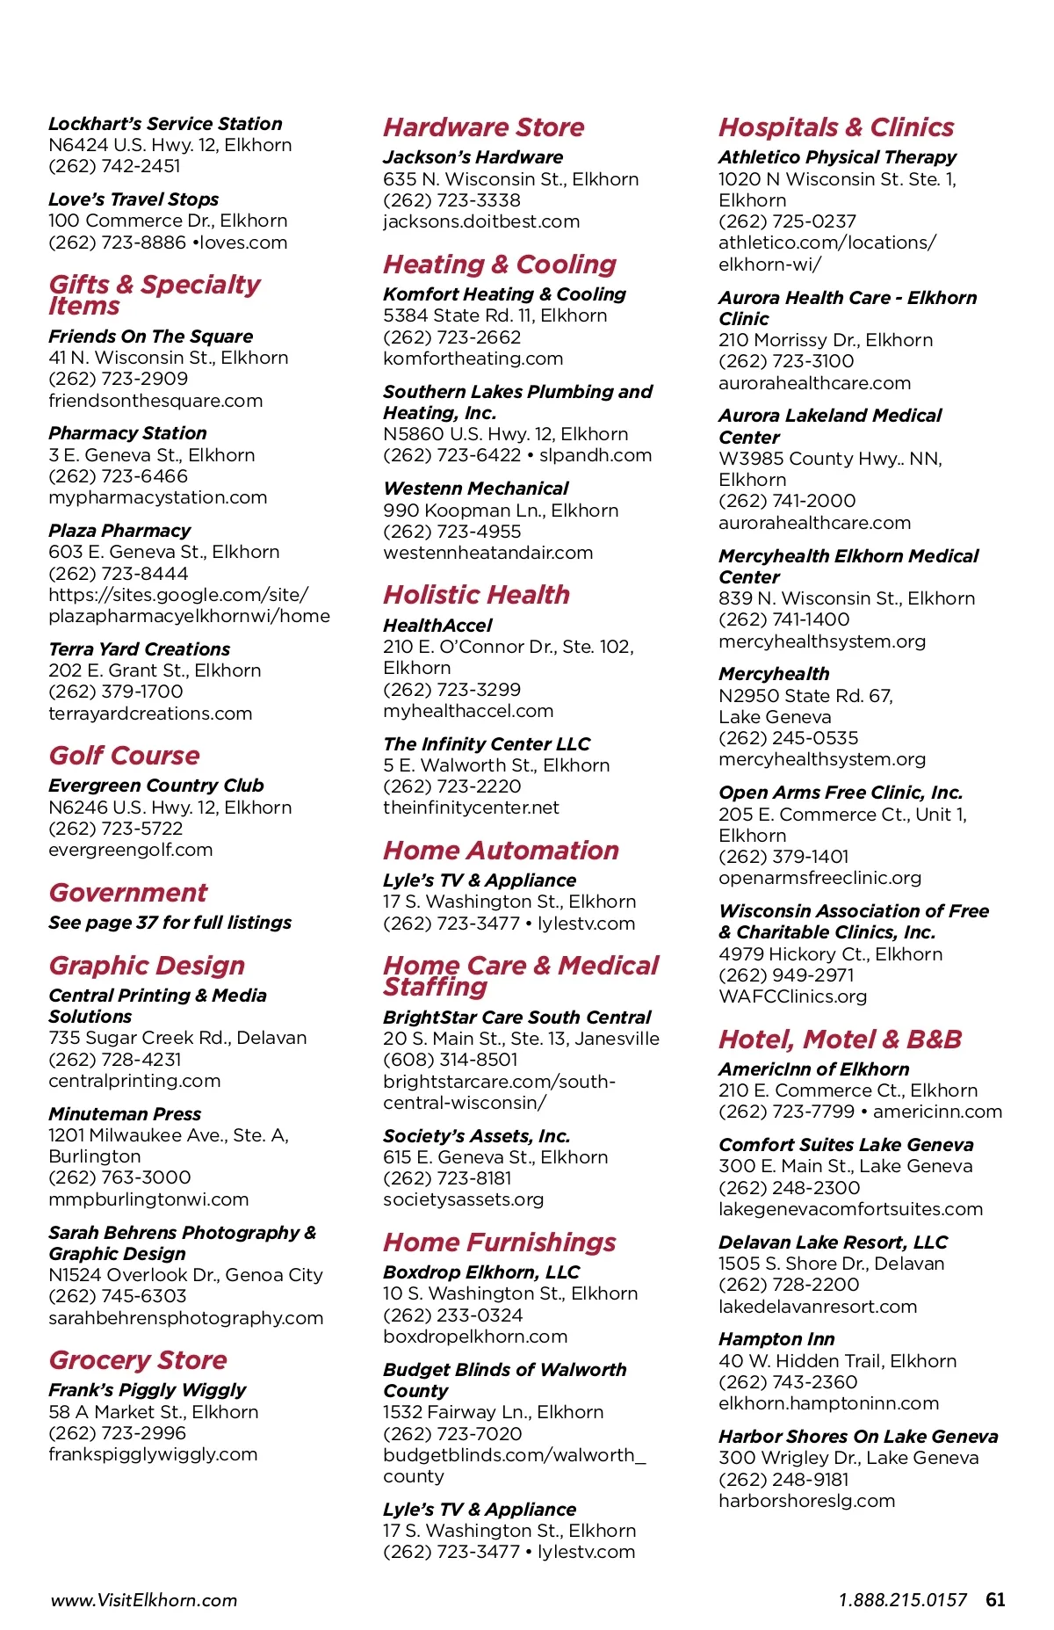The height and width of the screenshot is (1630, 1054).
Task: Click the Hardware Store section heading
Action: coord(483,127)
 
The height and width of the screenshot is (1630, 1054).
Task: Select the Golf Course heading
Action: coord(124,756)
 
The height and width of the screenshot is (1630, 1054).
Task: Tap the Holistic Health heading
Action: coord(476,595)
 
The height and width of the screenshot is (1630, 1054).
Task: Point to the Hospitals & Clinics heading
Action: coord(835,127)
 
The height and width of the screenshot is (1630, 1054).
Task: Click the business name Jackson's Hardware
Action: coord(473,157)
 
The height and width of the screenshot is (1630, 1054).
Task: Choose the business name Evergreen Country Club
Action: coord(155,786)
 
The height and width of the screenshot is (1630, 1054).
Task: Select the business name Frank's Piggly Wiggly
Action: coord(147,1390)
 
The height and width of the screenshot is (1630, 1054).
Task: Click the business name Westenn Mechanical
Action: coord(475,489)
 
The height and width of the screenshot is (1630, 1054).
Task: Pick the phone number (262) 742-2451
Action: coord(114,166)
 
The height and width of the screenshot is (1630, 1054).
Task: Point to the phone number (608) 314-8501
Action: coord(450,1060)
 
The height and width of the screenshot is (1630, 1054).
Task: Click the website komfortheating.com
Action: coord(473,359)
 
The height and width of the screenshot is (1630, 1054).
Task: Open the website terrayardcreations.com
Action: coord(150,714)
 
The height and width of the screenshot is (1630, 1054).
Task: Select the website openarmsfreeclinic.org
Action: coord(819,878)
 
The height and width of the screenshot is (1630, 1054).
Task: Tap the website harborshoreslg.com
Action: coord(806,1501)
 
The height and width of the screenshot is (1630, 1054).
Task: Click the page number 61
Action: coord(995,1599)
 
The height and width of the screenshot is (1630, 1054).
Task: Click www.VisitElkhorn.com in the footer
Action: coord(144,1600)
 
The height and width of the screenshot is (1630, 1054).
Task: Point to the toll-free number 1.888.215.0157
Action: coord(902,1600)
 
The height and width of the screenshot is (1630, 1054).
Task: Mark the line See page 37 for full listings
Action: coord(170,923)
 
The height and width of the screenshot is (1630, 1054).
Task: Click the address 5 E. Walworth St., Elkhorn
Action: coord(496,765)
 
